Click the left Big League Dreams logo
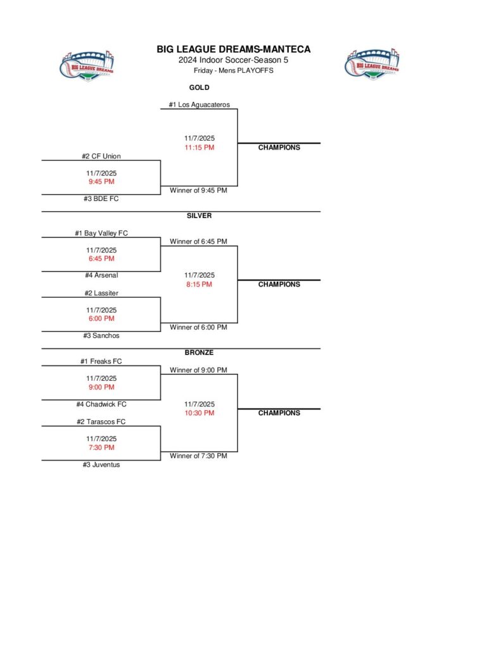point(88,66)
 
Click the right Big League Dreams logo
point(373,65)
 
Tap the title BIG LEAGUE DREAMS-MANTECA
point(234,49)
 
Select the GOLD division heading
point(199,88)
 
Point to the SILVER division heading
point(199,216)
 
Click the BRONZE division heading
point(199,352)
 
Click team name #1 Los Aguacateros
point(199,105)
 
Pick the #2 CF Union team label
point(101,157)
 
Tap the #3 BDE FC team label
point(101,199)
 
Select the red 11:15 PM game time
point(199,148)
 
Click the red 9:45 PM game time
point(101,182)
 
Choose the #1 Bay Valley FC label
point(101,233)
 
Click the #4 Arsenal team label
point(101,276)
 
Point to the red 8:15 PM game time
point(199,285)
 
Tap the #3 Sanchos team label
point(101,336)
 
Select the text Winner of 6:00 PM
point(198,328)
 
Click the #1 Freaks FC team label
point(101,362)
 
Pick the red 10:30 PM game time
point(199,413)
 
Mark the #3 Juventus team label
point(101,465)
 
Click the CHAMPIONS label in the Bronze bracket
point(279,413)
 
